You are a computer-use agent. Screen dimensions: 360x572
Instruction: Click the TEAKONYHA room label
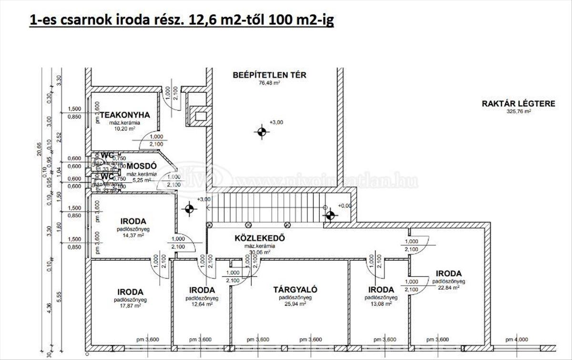124,115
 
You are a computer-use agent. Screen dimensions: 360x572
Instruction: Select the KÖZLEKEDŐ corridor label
260,238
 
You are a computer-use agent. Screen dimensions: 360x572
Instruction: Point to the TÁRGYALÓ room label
295,289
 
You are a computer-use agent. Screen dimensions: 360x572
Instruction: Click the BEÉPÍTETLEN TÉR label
269,75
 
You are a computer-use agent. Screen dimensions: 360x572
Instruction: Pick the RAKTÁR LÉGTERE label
519,103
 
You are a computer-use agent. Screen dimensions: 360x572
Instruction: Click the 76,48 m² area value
269,82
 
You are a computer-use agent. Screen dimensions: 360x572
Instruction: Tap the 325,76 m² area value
519,112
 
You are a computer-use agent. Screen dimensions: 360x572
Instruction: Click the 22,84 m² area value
449,288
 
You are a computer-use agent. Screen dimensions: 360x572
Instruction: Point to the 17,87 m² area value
130,306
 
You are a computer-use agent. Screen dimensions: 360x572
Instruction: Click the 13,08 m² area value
381,303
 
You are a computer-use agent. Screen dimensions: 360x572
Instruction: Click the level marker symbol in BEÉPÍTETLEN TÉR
261,132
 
